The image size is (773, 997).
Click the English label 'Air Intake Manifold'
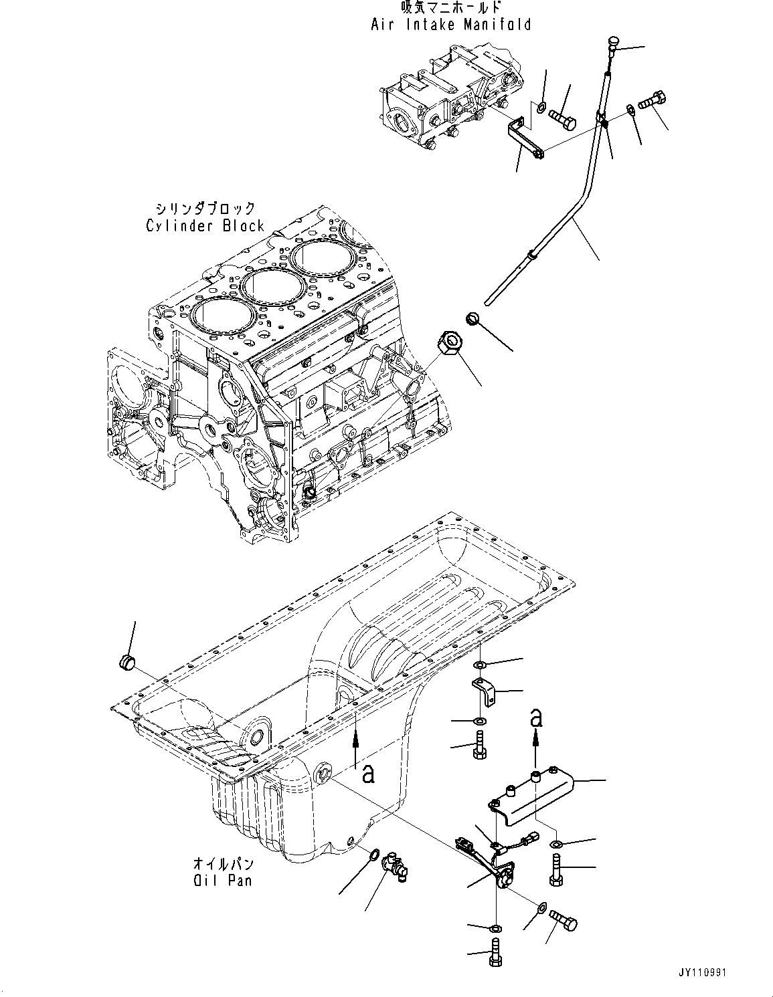point(451,25)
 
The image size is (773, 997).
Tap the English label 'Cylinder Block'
point(205,226)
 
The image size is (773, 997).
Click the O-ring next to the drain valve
point(374,854)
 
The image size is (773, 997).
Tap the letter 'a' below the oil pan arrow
point(367,774)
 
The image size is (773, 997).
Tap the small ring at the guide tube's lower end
point(472,319)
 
